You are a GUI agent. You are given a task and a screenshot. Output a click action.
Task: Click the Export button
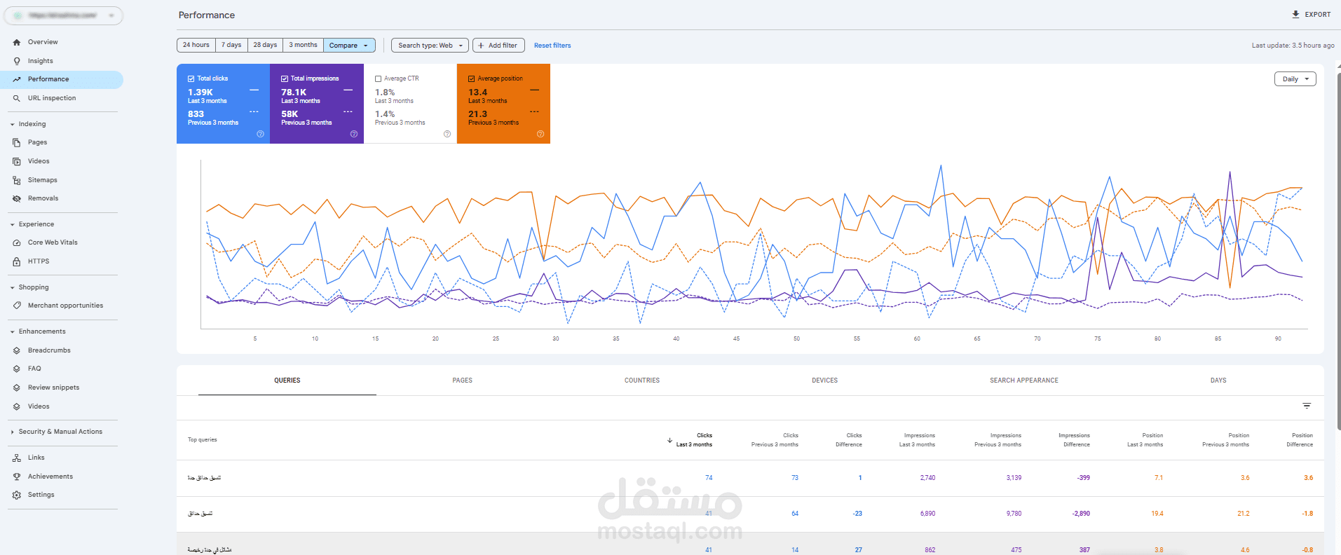(x=1311, y=14)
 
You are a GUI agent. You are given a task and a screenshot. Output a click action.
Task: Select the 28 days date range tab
(x=265, y=45)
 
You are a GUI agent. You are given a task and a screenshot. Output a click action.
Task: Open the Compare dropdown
(x=349, y=46)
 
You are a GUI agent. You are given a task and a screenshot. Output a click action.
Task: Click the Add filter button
(x=498, y=46)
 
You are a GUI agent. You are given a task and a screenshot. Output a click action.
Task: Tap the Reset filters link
(x=552, y=46)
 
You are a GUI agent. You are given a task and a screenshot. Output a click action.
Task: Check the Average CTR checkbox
(x=379, y=78)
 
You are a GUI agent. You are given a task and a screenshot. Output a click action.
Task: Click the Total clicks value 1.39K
(x=200, y=92)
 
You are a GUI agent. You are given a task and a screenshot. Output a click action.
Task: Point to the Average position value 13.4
(x=478, y=92)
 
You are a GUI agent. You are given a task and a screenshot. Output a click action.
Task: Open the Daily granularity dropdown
(x=1295, y=79)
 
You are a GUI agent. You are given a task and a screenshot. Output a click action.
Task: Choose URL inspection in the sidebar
(x=52, y=98)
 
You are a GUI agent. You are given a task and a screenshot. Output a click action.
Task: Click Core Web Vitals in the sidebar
(x=53, y=242)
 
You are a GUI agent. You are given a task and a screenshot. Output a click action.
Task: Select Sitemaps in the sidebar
(x=43, y=180)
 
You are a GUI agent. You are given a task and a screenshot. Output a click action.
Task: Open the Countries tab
(x=642, y=381)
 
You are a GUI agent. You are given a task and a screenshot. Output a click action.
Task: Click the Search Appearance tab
(x=1023, y=381)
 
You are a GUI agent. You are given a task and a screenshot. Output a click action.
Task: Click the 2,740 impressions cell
(x=927, y=478)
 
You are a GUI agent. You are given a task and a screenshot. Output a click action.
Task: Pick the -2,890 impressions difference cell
(x=1080, y=514)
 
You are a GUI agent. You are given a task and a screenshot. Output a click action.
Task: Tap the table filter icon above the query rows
(x=1307, y=406)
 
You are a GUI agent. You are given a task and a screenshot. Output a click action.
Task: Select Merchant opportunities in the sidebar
(x=65, y=306)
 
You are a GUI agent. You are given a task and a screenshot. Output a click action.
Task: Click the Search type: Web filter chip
(x=430, y=46)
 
